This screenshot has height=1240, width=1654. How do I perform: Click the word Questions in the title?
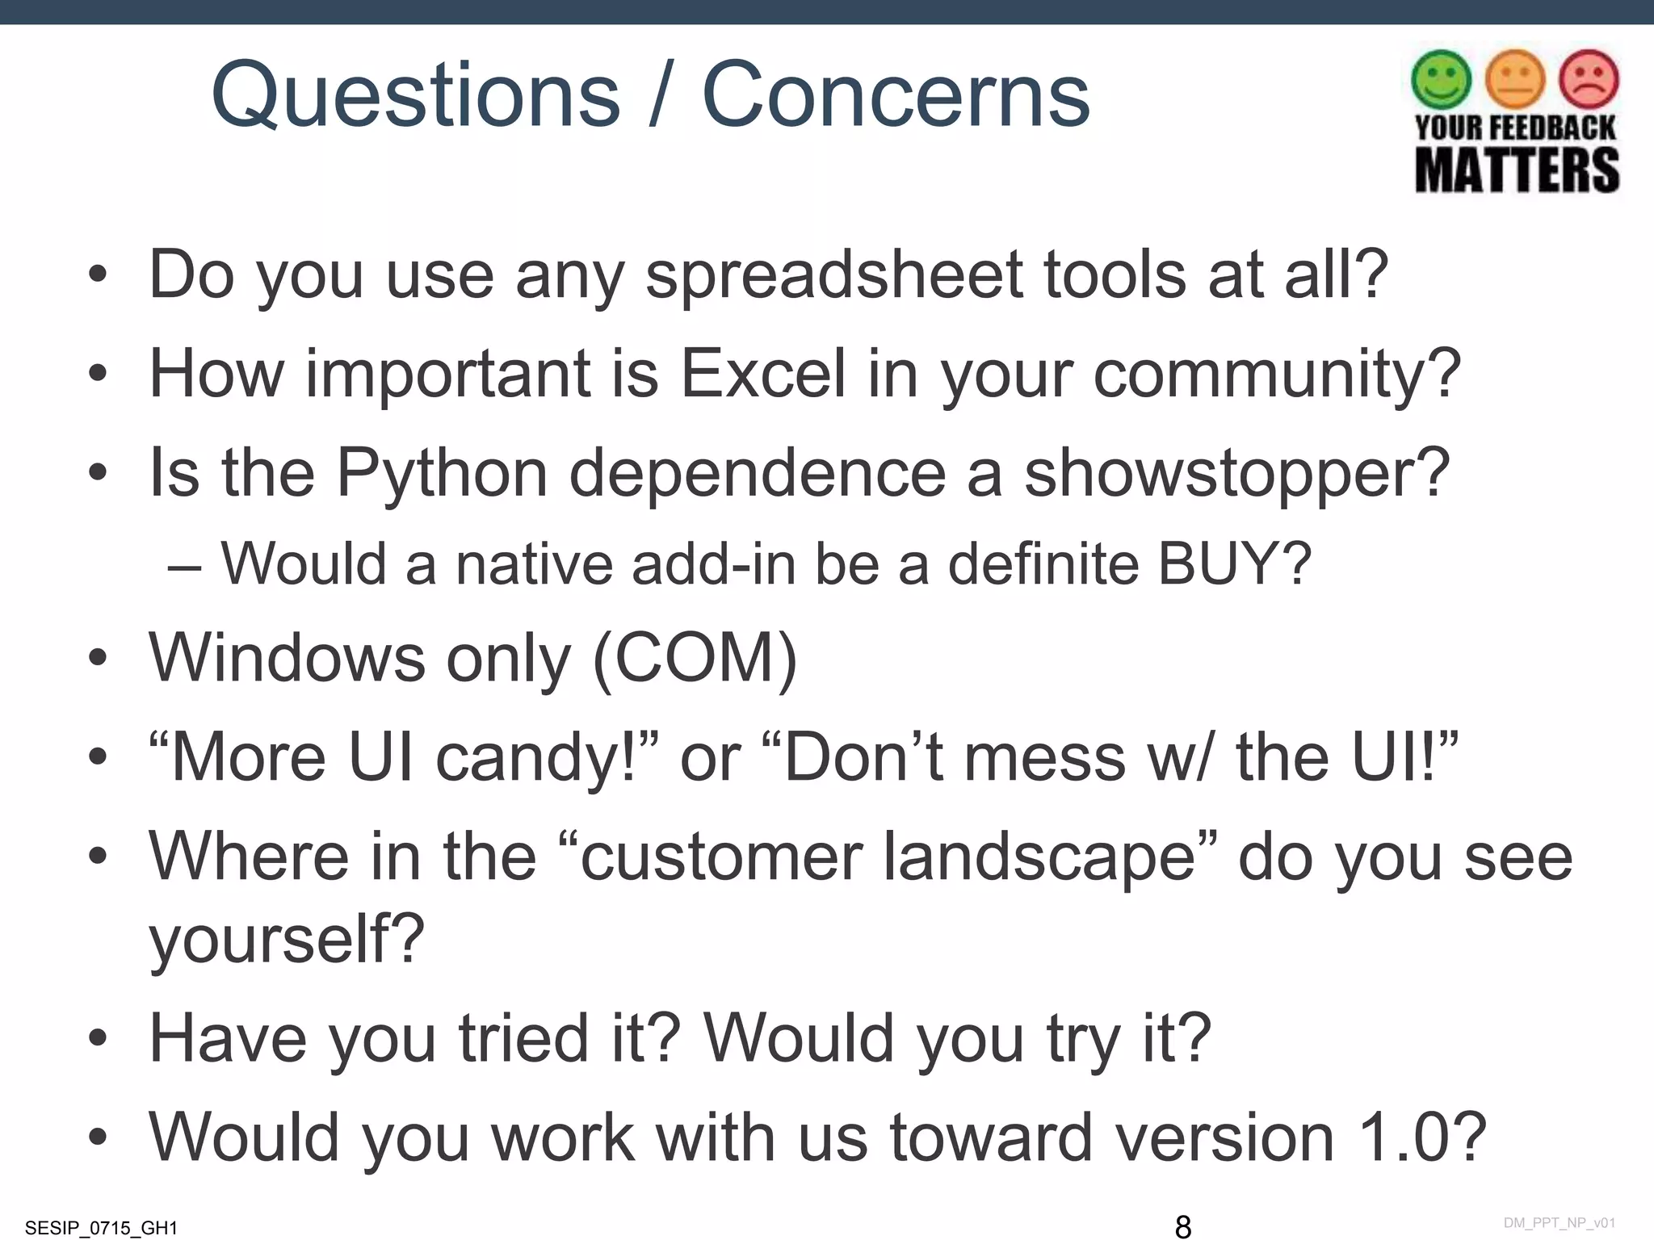415,95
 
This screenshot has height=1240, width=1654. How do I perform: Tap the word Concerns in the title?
896,95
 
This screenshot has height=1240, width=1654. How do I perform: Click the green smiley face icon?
1441,79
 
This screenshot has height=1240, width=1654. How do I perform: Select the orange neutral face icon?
1515,79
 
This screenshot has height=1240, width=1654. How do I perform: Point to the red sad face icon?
1589,79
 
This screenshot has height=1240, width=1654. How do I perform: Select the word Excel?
762,374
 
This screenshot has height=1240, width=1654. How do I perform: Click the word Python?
442,474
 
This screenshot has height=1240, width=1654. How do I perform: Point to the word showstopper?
1236,474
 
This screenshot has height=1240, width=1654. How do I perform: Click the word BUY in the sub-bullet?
1218,563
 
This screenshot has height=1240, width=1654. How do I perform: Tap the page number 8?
1182,1226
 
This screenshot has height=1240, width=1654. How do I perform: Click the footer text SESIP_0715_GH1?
101,1228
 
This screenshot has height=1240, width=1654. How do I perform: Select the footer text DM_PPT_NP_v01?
1559,1223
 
